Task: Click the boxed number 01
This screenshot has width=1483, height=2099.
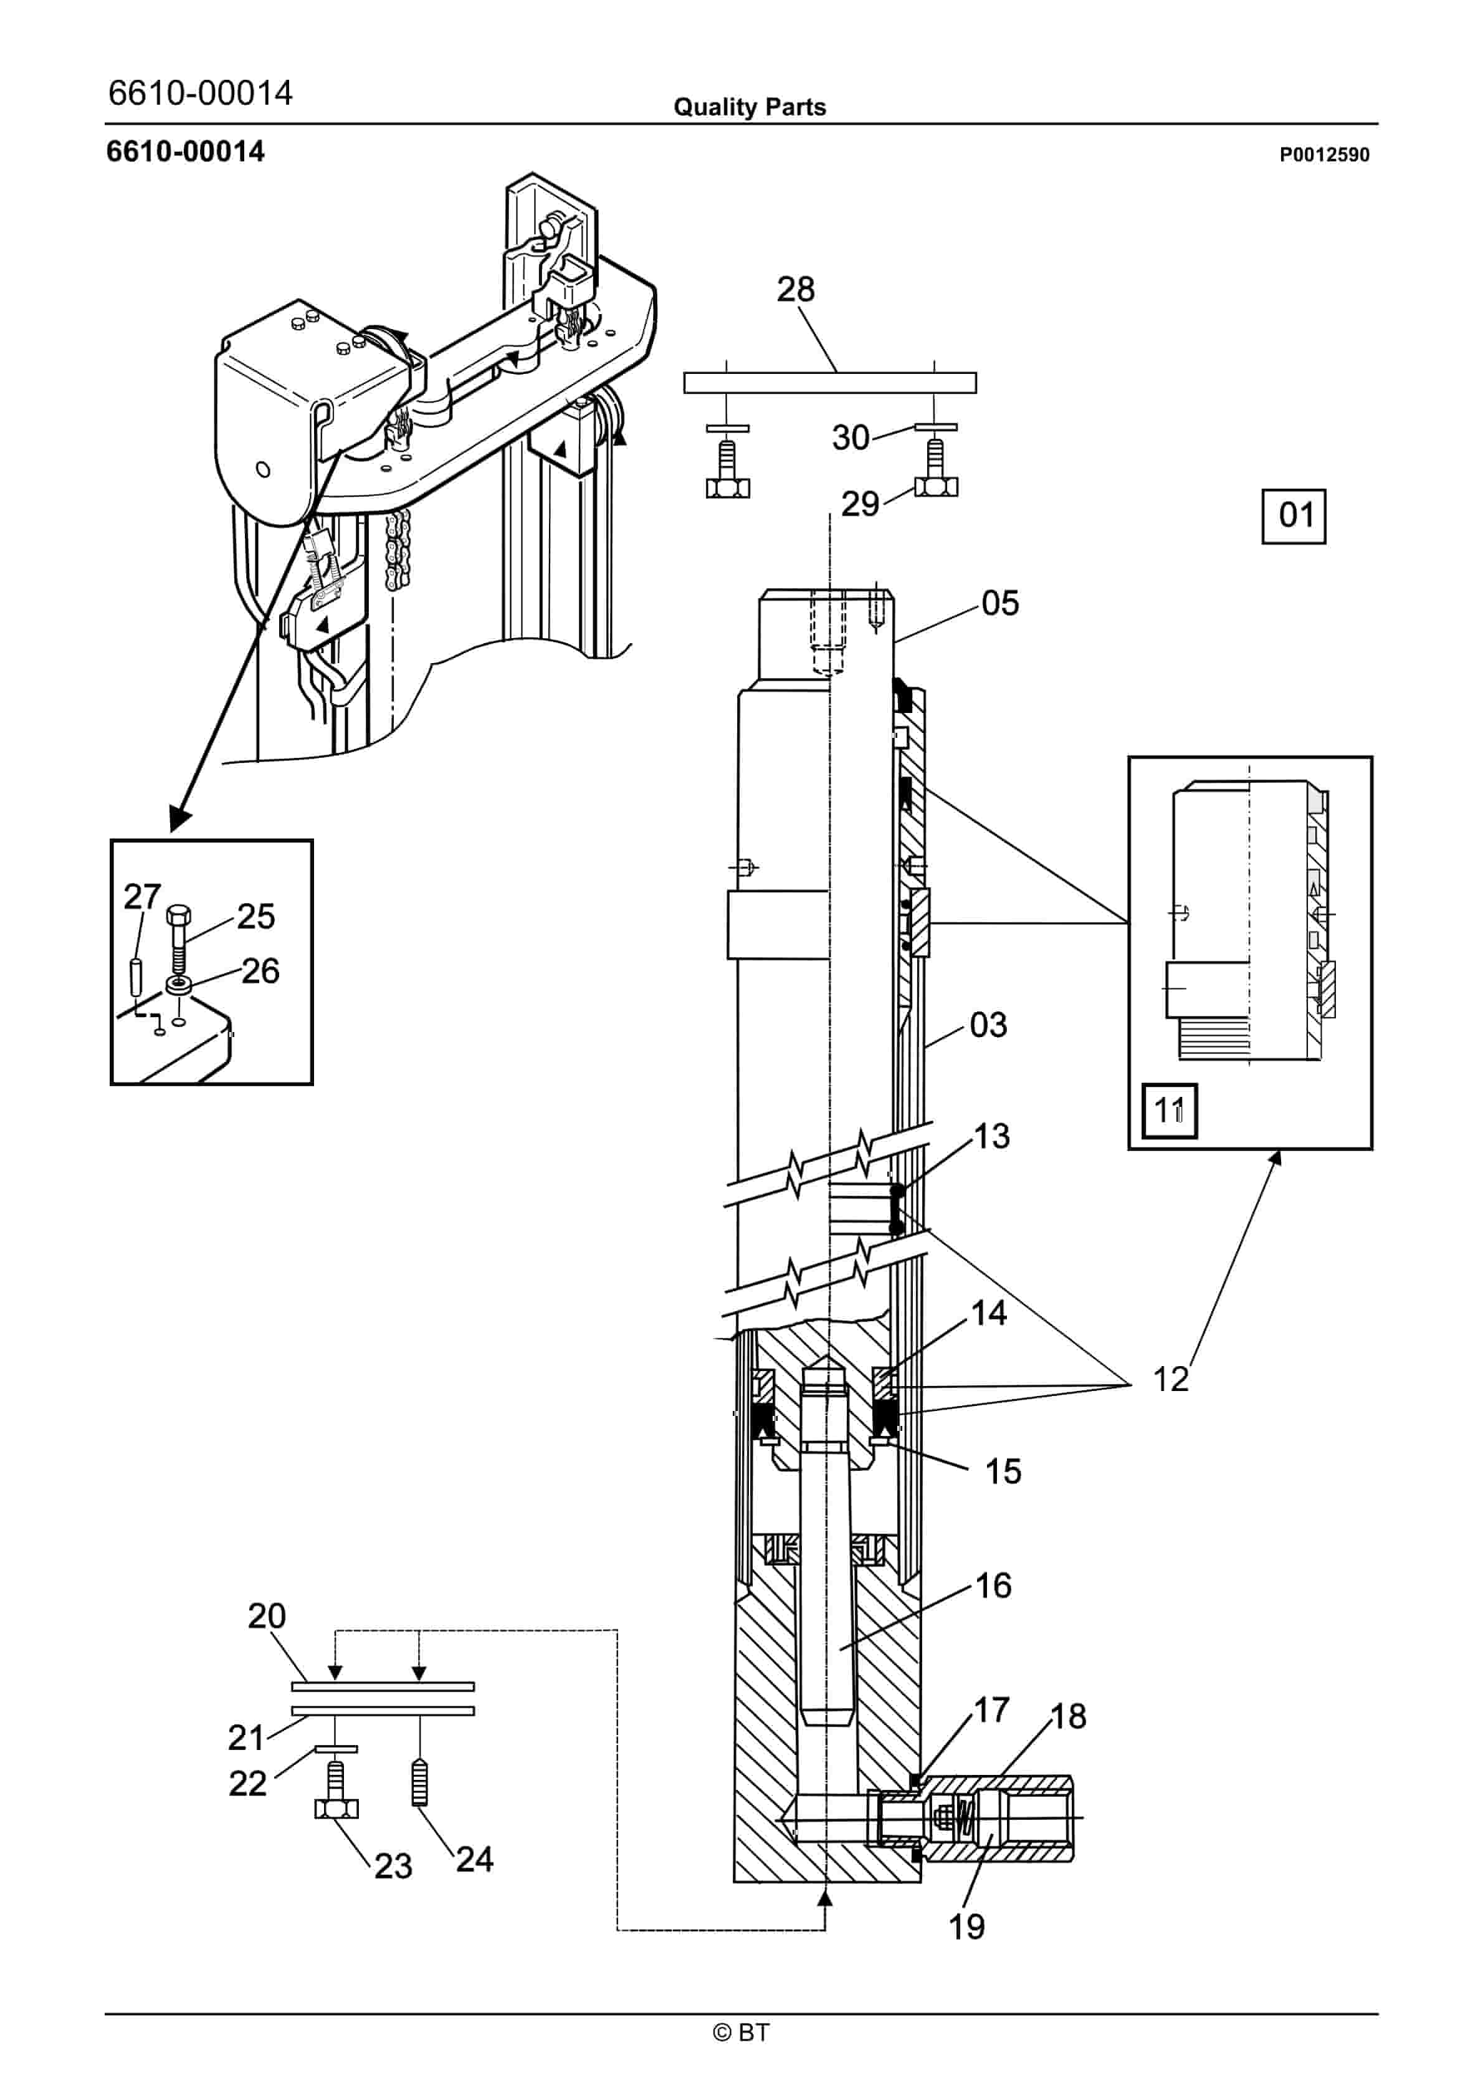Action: coord(1294,517)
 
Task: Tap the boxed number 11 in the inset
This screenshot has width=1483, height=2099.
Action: coord(1170,1111)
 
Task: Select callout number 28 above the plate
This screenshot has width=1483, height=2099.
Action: coord(796,290)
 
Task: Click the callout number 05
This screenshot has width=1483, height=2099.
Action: coord(1000,603)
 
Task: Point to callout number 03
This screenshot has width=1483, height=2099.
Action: coord(988,1025)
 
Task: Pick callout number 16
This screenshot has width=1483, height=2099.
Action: coord(994,1586)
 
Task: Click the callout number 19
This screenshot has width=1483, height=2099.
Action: coord(966,1927)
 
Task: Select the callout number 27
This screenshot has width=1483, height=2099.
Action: coord(143,897)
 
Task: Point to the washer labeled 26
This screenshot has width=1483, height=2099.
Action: coord(178,985)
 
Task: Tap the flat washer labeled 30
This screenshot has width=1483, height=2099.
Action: coord(935,427)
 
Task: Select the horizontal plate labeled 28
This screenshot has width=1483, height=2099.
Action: coord(829,382)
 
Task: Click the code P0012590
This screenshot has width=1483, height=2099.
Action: coord(1324,155)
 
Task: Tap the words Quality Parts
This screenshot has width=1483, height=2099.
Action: coord(750,107)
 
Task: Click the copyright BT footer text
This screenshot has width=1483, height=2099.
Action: coord(741,2032)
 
